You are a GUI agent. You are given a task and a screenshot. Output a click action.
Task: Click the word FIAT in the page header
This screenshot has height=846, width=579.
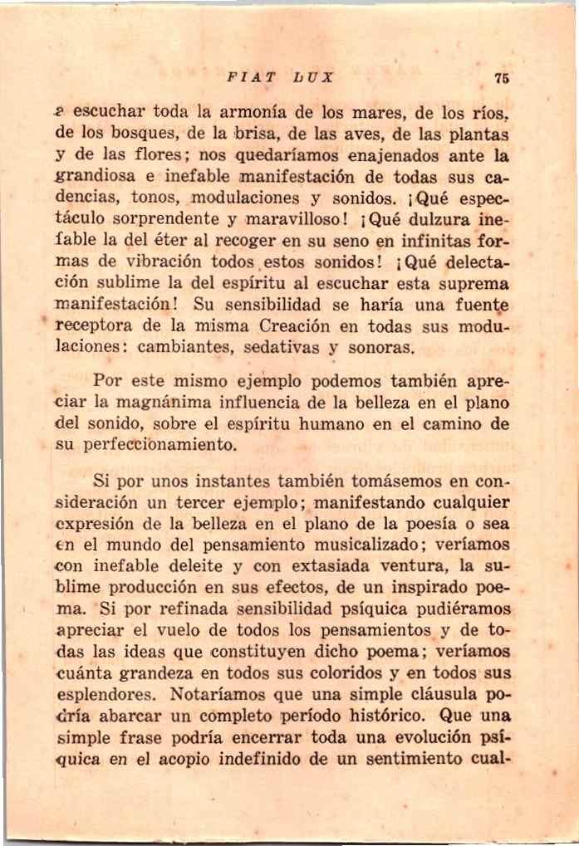point(251,78)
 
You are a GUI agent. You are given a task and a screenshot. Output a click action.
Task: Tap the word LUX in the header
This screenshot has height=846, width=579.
point(312,78)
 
